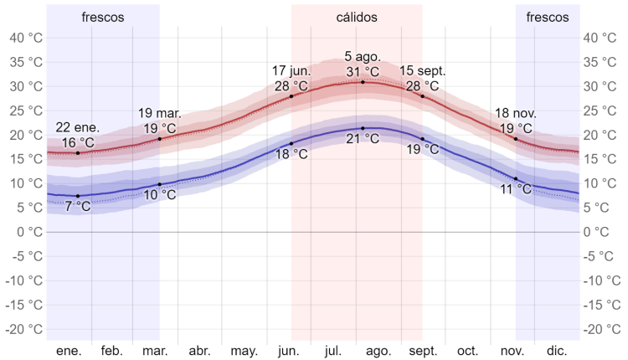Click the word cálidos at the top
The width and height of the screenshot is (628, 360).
point(357,17)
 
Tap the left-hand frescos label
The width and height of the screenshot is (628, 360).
point(103,17)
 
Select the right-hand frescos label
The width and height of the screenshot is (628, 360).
point(548,17)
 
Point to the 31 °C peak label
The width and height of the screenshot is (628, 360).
point(363,71)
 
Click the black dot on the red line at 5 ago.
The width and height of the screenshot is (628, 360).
point(363,82)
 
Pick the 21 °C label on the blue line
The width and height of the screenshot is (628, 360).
point(363,139)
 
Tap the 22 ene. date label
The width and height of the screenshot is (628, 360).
point(78,127)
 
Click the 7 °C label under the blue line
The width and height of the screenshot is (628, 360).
point(78,206)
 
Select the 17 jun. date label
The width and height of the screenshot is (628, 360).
point(291,71)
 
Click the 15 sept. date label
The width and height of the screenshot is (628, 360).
point(423,70)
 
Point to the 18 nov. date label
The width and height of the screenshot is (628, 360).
point(516,113)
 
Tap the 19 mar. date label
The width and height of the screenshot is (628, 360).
point(159,113)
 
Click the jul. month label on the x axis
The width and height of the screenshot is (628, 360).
point(332,351)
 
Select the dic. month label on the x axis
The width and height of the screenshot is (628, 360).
point(556,351)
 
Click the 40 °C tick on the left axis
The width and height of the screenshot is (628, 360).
point(24,38)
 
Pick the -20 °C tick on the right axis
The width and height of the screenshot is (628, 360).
point(602,329)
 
